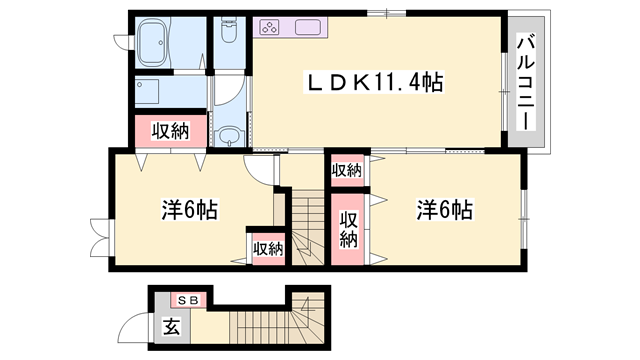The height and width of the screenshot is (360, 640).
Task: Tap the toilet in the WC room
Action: (229, 38)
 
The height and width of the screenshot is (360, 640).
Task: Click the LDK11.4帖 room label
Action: (375, 83)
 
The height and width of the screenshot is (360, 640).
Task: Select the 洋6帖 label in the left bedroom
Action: (190, 211)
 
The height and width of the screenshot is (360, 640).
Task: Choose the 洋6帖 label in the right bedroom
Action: (444, 210)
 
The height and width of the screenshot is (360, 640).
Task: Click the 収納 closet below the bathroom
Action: (170, 130)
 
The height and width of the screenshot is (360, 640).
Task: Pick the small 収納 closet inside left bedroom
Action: (267, 249)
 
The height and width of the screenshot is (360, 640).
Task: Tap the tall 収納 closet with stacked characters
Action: (348, 229)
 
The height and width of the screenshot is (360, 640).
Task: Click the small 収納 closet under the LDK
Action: (347, 170)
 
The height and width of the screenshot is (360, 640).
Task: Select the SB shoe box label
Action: (188, 299)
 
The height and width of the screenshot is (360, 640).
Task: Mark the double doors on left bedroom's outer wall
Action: (99, 235)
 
